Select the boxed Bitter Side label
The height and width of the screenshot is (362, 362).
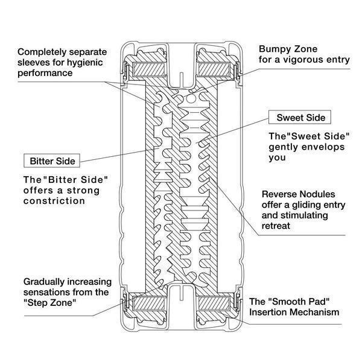(x=53, y=161)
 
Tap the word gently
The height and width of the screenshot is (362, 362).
(x=281, y=147)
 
